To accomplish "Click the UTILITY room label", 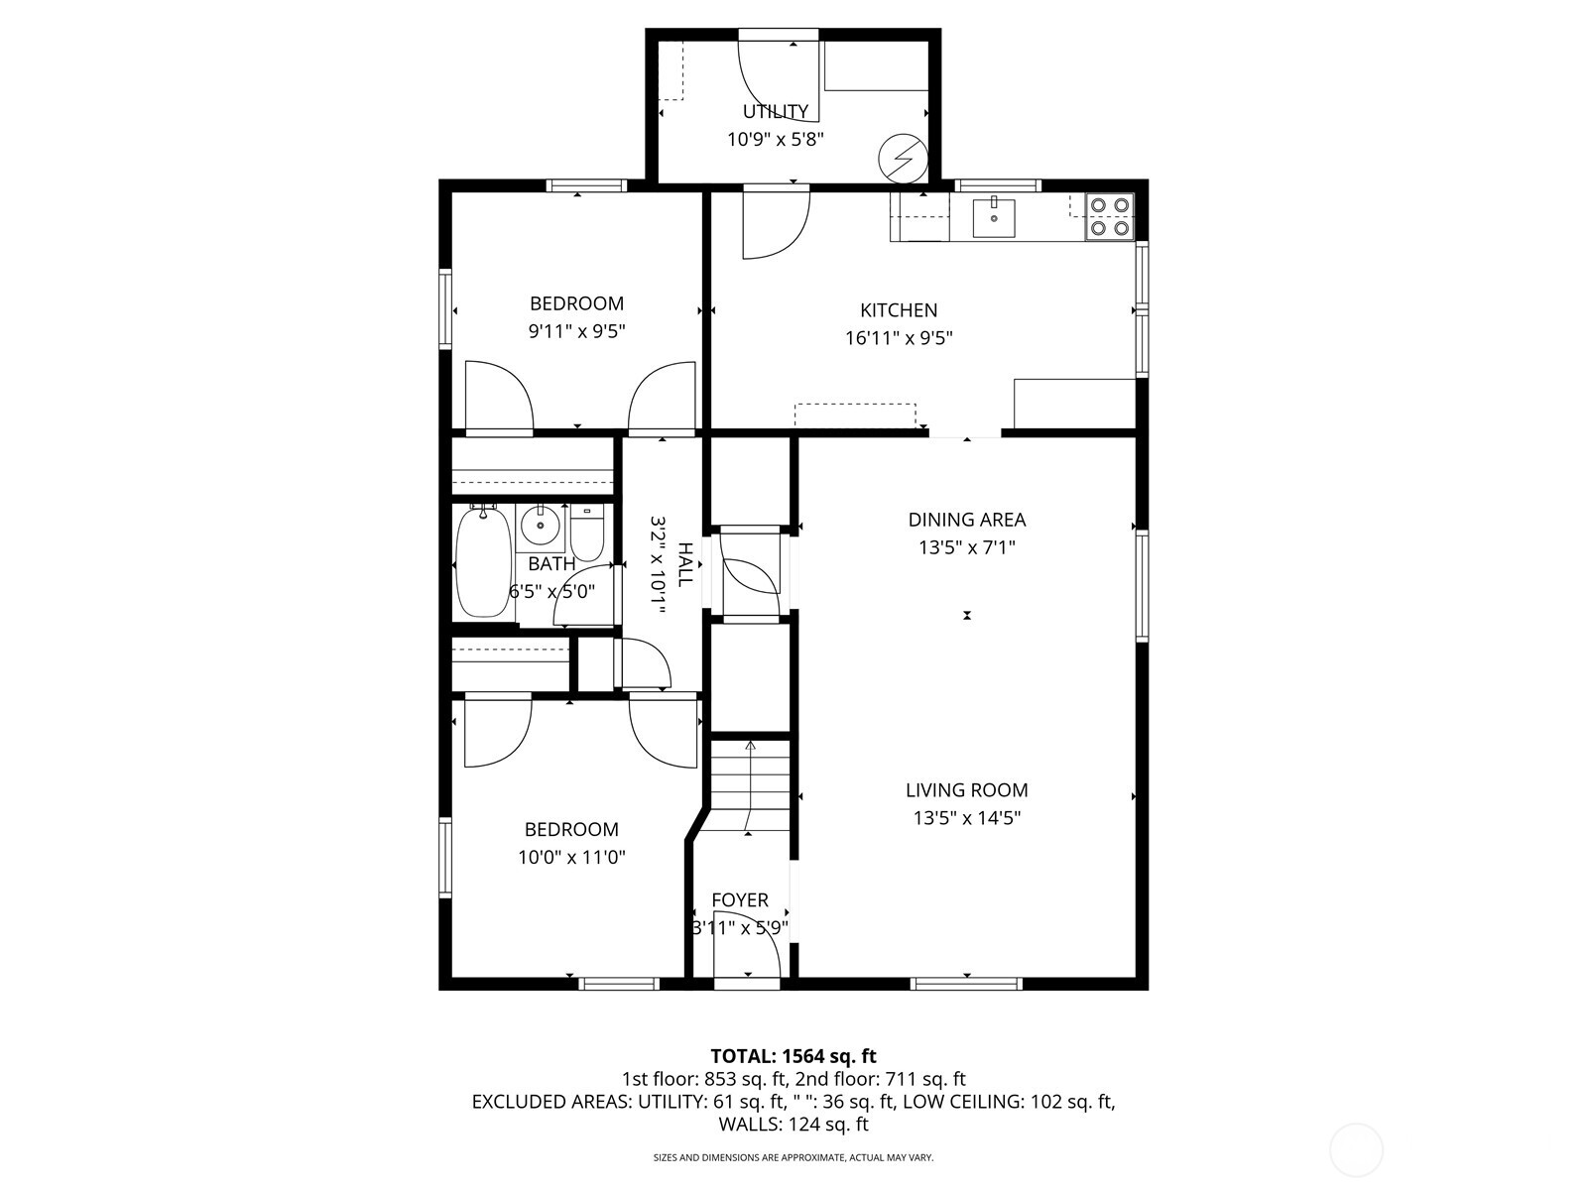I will (x=776, y=111).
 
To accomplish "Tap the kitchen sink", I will (x=993, y=217).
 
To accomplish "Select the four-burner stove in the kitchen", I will (x=1109, y=217).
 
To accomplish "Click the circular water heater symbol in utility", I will (x=903, y=158).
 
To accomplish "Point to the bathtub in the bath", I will (x=483, y=561).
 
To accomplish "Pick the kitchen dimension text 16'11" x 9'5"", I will (x=899, y=337).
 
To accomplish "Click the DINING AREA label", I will (x=967, y=520).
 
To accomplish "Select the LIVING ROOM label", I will (x=967, y=790).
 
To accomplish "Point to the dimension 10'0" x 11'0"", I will (x=571, y=857).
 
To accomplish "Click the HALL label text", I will (x=684, y=564).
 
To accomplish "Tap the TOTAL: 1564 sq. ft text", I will (x=793, y=1056).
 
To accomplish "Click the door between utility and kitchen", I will (x=776, y=223).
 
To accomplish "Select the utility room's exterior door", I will (x=779, y=74).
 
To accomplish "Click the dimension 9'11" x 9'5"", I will (x=576, y=331).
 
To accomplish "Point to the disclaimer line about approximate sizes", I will (x=793, y=1157).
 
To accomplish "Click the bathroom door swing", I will (x=585, y=595).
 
